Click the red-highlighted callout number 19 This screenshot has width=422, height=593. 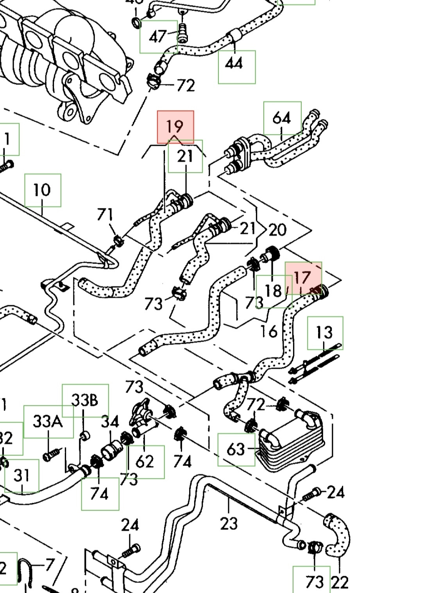[175, 126]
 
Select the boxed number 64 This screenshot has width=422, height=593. [282, 118]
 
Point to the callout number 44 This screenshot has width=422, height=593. [234, 63]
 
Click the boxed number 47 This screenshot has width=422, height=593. [158, 36]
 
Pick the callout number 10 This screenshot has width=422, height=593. [42, 190]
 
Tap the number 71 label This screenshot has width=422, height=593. [105, 215]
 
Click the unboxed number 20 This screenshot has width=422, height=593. [277, 230]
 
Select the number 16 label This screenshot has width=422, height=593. [269, 331]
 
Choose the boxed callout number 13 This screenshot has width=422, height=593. [324, 333]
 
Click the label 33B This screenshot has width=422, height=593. [85, 400]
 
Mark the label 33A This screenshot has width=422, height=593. [48, 421]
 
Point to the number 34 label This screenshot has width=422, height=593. [110, 422]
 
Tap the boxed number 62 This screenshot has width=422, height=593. [145, 462]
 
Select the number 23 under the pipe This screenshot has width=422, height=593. [229, 523]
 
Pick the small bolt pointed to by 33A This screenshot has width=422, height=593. [50, 455]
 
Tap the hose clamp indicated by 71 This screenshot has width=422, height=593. [118, 239]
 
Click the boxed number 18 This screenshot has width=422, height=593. [273, 291]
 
